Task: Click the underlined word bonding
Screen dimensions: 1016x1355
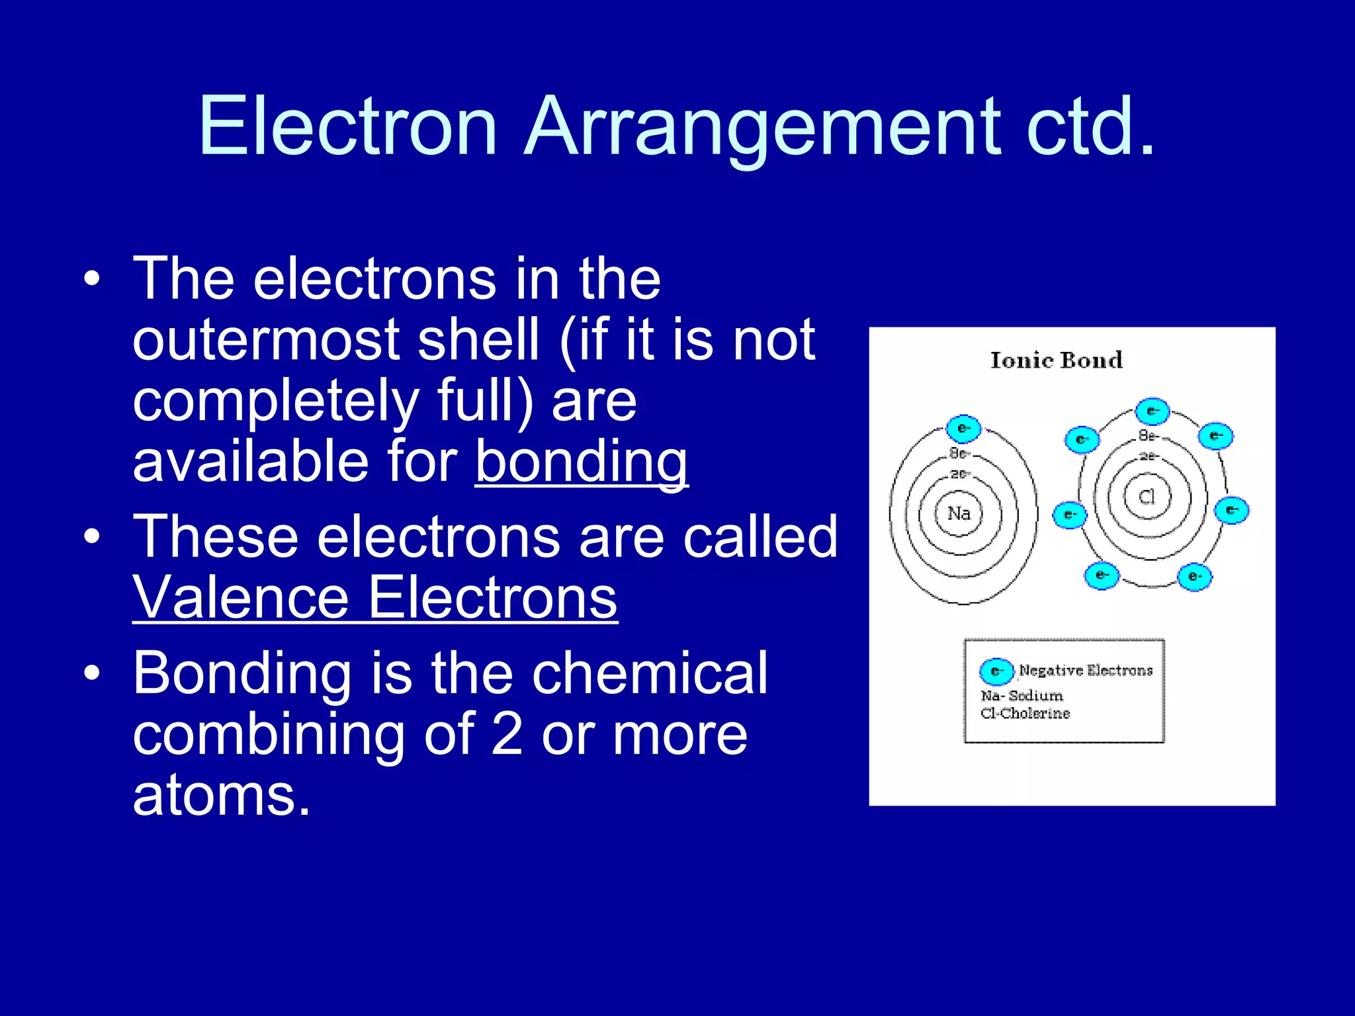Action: [582, 463]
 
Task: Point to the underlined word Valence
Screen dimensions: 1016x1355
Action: [241, 598]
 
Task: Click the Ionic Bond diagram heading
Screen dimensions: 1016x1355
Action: [1057, 360]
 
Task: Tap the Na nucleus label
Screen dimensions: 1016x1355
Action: [959, 513]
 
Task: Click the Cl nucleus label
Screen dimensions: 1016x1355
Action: [1147, 497]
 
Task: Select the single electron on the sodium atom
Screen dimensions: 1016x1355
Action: [963, 429]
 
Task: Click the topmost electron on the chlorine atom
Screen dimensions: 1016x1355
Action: [1153, 411]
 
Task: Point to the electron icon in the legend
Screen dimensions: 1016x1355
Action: [996, 671]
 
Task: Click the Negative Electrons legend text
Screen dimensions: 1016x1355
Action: [1086, 670]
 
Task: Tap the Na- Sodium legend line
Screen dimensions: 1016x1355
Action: [1022, 696]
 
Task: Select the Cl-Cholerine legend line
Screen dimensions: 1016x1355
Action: [1025, 713]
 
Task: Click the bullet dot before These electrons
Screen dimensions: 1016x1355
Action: [92, 536]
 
